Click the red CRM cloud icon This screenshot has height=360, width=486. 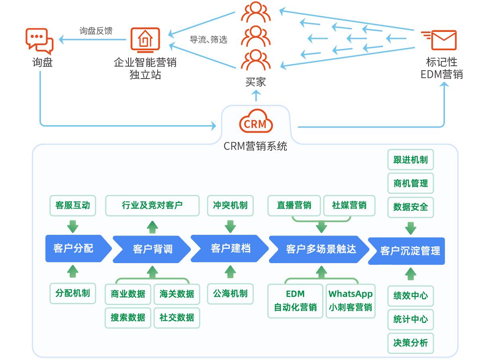click(x=256, y=121)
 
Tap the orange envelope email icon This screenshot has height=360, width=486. click(x=439, y=40)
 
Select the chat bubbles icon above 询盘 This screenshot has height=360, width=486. click(x=40, y=41)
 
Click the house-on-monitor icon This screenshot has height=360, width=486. click(x=145, y=40)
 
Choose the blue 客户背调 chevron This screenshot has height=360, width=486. click(x=152, y=249)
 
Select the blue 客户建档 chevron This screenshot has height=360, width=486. click(x=230, y=248)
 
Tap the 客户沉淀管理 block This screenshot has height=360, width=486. click(x=407, y=251)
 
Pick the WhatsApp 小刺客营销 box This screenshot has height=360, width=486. click(x=350, y=301)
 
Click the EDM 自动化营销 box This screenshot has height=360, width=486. click(x=295, y=301)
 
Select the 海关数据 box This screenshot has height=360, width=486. click(x=177, y=294)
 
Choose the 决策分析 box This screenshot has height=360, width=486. click(x=411, y=343)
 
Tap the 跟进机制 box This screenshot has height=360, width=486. click(x=411, y=159)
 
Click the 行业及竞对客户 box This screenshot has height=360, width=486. click(x=152, y=205)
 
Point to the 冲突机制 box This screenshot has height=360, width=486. click(x=230, y=205)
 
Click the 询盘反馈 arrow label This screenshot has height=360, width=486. click(x=96, y=31)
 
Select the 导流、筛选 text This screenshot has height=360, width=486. click(x=208, y=39)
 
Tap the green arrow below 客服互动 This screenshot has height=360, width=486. click(x=73, y=226)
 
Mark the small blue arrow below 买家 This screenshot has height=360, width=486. click(x=256, y=96)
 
